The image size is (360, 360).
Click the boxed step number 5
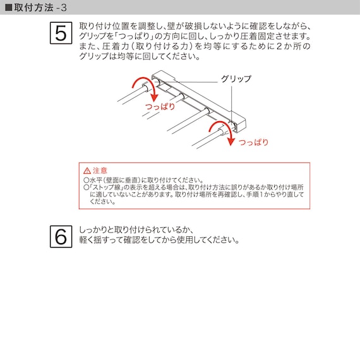[61, 33]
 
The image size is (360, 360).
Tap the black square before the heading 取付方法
[8, 8]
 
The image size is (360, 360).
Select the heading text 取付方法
[32, 8]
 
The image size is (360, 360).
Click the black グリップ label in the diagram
[236, 79]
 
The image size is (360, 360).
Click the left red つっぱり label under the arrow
[160, 106]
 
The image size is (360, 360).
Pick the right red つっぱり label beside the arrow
[253, 142]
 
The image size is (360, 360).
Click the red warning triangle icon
[87, 171]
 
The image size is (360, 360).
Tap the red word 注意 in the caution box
[100, 171]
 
